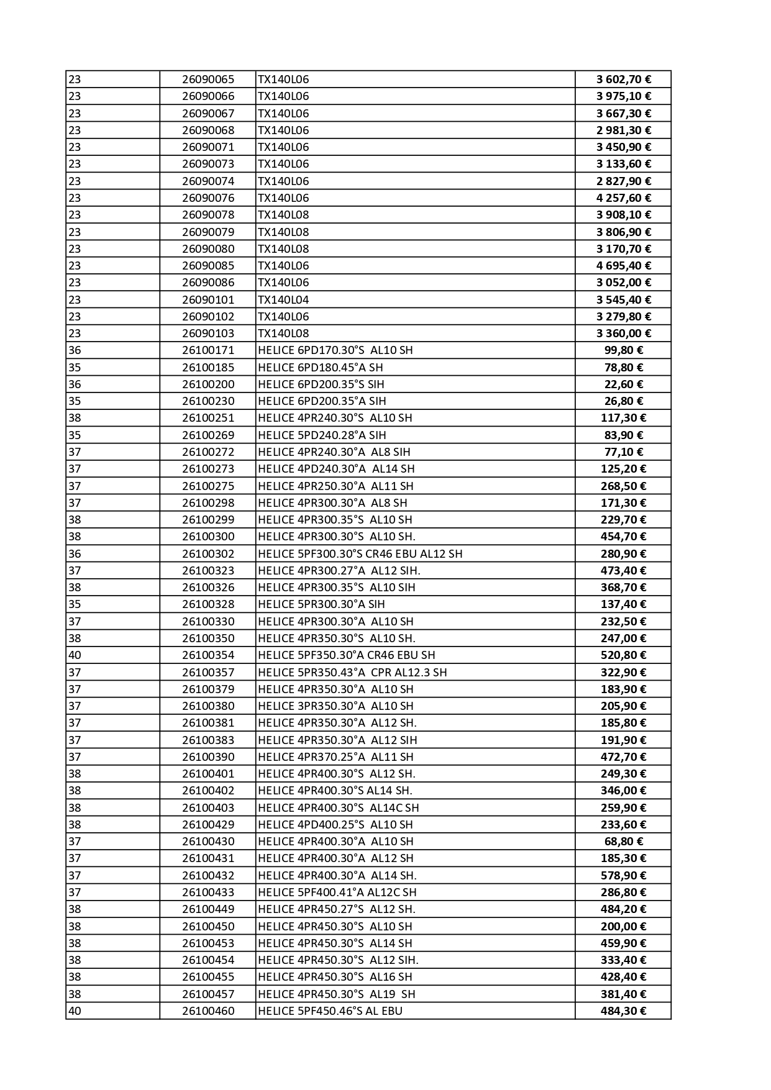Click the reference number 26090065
coord(208,79)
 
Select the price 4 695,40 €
coord(623,266)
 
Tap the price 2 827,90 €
coord(623,181)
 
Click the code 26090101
coord(208,300)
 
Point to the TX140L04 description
coord(283,300)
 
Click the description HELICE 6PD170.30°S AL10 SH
coord(335,350)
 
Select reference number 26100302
coord(208,554)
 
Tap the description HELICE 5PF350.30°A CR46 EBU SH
coord(346,655)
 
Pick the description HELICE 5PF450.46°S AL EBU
coord(330,1011)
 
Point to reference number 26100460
coord(208,1011)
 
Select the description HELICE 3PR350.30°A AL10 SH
coord(335,706)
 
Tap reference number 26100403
coord(208,808)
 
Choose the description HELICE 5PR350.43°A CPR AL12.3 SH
coord(352,673)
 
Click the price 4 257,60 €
coord(623,198)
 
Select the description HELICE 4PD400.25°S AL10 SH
coord(335,825)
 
